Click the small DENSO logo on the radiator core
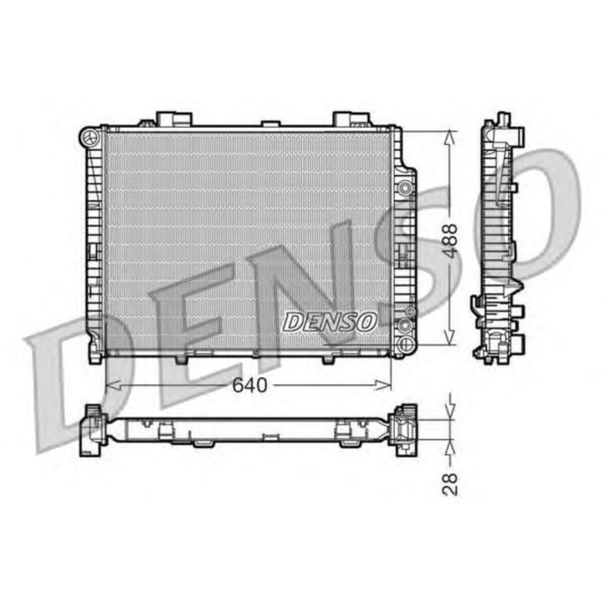coord(330,321)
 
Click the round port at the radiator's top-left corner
coord(87,136)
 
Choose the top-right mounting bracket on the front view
coord(351,119)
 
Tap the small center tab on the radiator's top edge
coord(270,124)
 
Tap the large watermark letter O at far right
coord(552,207)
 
